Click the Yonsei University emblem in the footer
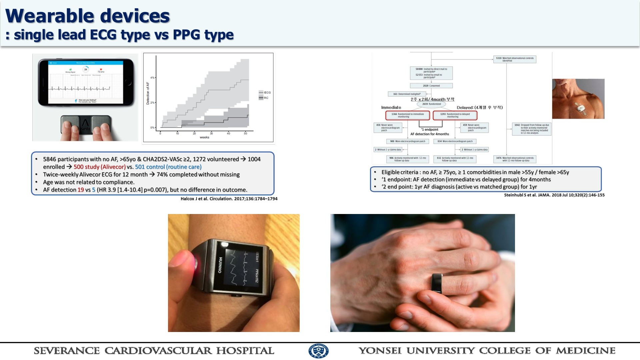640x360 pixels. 318,351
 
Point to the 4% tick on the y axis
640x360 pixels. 153,78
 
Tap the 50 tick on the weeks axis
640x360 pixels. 245,133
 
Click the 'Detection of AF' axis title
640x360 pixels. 148,93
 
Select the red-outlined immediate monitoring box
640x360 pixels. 407,115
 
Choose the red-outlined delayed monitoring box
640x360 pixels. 455,115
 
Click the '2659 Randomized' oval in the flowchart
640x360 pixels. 431,104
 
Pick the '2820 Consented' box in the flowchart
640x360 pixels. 431,86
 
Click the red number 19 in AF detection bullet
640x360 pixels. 81,190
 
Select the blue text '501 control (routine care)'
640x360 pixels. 168,167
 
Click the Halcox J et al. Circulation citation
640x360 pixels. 229,199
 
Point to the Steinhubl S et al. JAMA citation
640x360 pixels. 554,195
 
